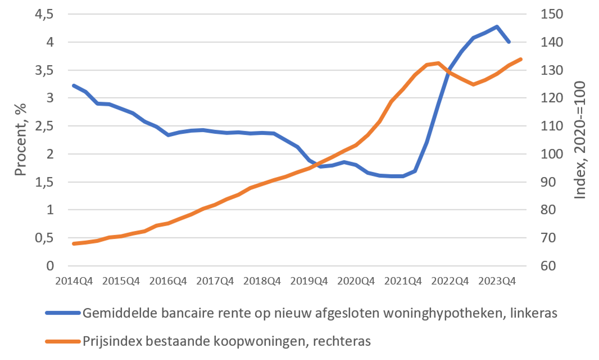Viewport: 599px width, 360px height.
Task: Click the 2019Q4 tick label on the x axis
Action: click(x=309, y=281)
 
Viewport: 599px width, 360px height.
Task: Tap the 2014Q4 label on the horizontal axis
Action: click(x=74, y=281)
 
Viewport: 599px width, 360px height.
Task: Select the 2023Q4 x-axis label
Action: click(x=497, y=281)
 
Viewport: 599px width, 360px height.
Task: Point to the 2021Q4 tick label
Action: click(x=403, y=281)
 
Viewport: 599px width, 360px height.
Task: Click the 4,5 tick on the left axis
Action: click(x=44, y=14)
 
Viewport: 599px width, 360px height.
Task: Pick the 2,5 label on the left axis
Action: click(x=44, y=126)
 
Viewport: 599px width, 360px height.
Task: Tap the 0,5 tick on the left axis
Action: click(x=44, y=238)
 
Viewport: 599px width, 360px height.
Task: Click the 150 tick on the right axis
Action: click(x=551, y=14)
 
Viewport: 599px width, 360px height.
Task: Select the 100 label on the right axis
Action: click(x=551, y=154)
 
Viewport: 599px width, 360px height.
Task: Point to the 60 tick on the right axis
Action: click(x=548, y=266)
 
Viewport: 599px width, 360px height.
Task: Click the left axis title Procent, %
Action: click(x=21, y=140)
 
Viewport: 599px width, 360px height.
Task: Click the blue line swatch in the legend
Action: click(x=63, y=313)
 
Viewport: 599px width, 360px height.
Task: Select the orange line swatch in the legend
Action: click(x=63, y=341)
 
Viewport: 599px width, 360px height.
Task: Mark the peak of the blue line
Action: click(x=497, y=27)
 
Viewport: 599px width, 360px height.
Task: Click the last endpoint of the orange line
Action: click(x=521, y=59)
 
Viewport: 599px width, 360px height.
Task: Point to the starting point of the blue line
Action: click(x=74, y=86)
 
